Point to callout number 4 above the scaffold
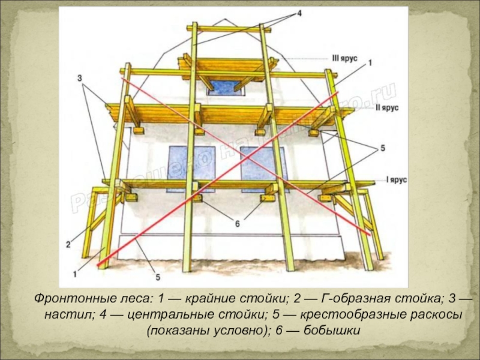click(x=298, y=14)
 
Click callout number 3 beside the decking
click(x=80, y=78)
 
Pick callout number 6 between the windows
click(x=237, y=224)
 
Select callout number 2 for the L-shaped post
click(x=68, y=244)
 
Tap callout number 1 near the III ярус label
click(x=370, y=62)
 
